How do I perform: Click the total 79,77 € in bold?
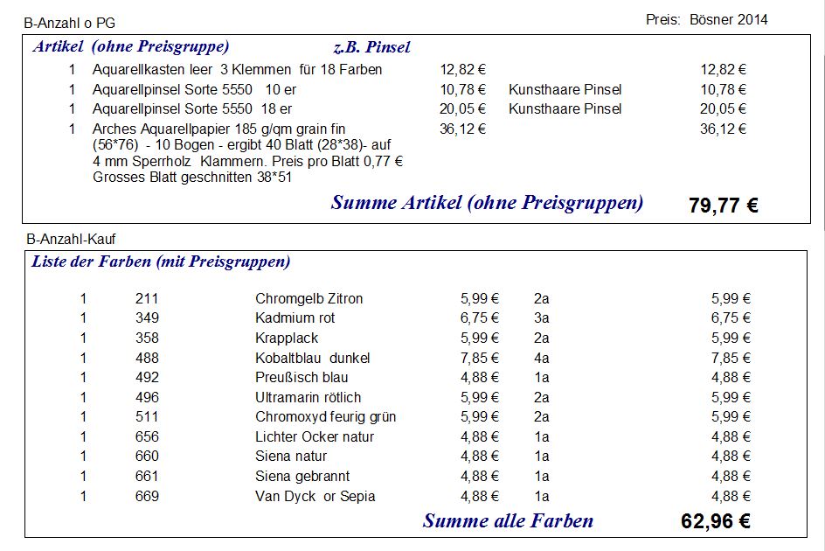[723, 206]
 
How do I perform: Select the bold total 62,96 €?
[715, 522]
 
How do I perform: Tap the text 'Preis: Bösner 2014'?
[707, 19]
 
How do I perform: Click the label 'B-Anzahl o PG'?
[69, 23]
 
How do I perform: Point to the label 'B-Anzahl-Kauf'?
[71, 238]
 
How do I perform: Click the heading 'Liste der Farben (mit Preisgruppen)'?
[161, 262]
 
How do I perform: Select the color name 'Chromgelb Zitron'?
[309, 298]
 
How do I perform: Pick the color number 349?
[147, 318]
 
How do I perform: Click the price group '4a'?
[541, 358]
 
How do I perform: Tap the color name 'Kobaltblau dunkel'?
[312, 358]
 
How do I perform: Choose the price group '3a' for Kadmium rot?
[541, 318]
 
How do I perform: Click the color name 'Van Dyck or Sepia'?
[315, 496]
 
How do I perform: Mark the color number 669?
[147, 496]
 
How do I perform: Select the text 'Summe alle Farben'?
[508, 521]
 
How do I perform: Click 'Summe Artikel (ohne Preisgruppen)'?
[487, 203]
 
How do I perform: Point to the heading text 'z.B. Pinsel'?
[371, 47]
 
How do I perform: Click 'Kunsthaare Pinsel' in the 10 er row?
[565, 89]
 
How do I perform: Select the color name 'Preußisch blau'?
[302, 378]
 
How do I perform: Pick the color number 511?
[147, 417]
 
